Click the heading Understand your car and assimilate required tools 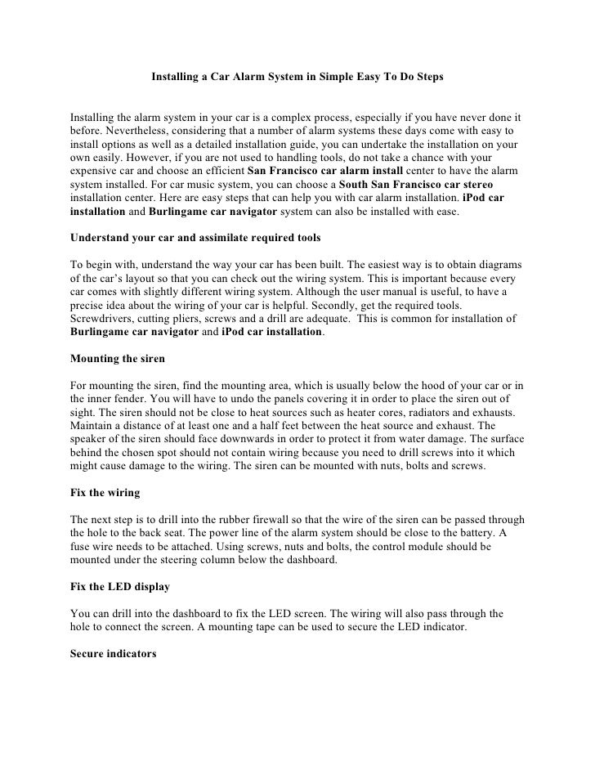pos(195,238)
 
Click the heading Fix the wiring pos(105,493)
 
